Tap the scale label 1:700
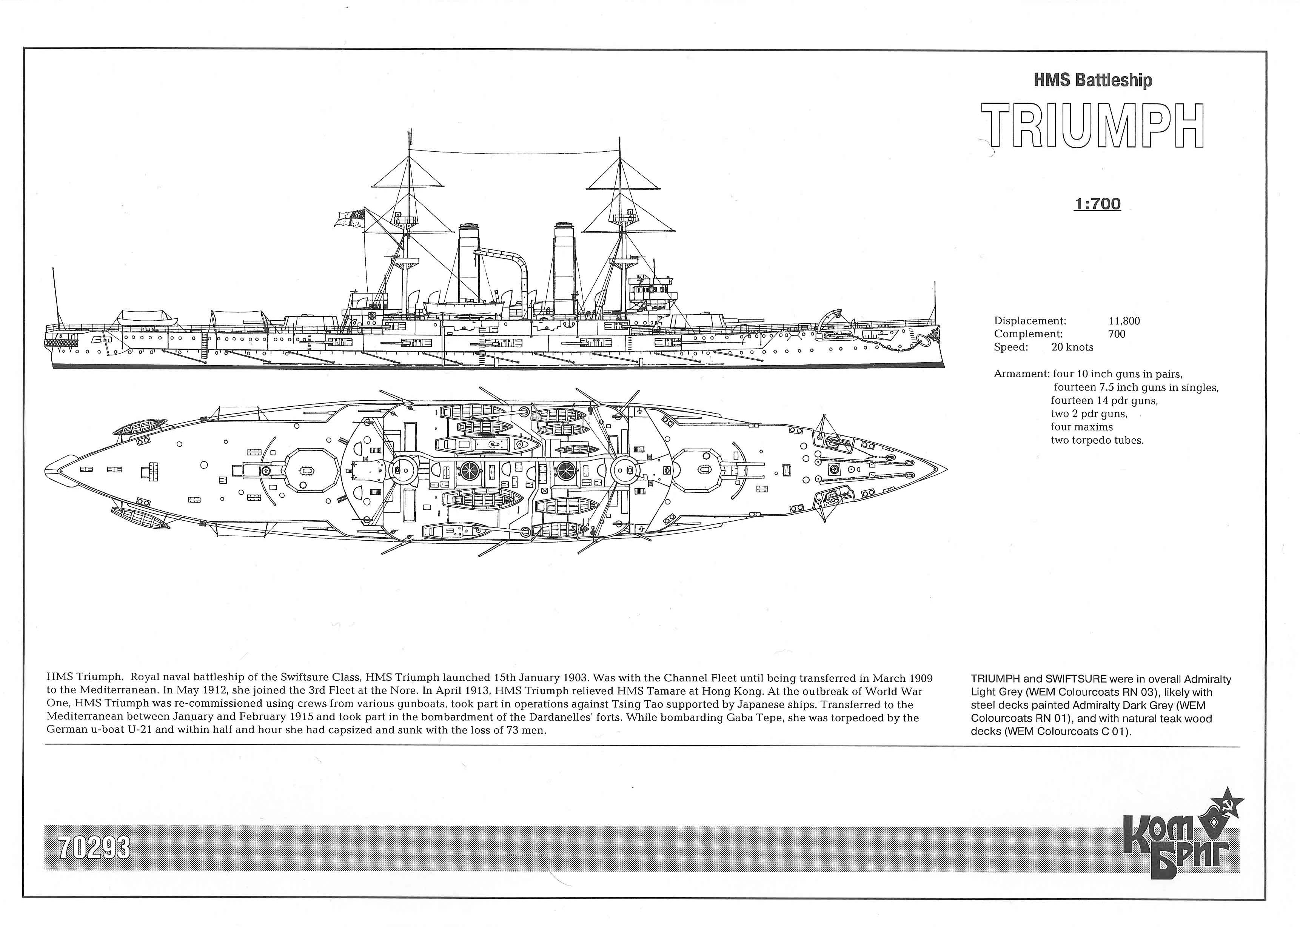pyautogui.click(x=1097, y=204)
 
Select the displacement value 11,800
pyautogui.click(x=1124, y=321)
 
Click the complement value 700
pyautogui.click(x=1117, y=334)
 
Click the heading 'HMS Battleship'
pyautogui.click(x=1093, y=80)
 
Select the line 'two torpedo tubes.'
pyautogui.click(x=1097, y=440)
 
